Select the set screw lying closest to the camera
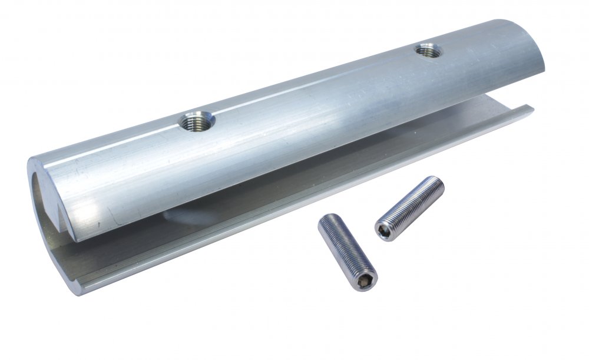click(x=347, y=251)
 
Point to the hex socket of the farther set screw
click(x=384, y=230)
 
